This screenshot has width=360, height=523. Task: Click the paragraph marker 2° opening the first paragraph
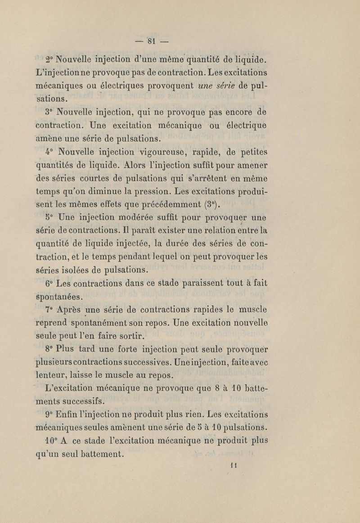[x=49, y=59]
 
